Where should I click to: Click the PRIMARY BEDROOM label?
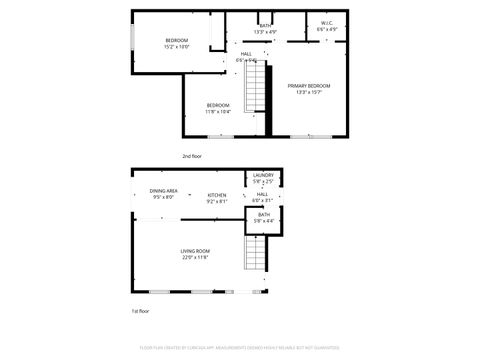pos(309,86)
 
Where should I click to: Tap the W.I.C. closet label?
pos(327,23)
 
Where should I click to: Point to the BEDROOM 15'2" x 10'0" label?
pos(176,40)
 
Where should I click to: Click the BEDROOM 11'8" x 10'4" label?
pos(218,105)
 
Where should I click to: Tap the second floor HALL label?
pos(246,54)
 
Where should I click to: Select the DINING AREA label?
pos(164,190)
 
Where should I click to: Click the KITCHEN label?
pos(217,195)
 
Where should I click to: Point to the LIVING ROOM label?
pos(194,251)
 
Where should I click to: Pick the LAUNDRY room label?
pos(263,175)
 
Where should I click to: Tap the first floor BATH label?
pos(263,215)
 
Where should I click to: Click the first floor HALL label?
pos(262,194)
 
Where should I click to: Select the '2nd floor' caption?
pos(192,156)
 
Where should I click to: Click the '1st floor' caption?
pos(141,312)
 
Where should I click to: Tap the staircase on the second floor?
pos(259,85)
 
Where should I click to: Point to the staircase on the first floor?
pos(256,258)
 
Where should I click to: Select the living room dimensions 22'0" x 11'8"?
pos(194,258)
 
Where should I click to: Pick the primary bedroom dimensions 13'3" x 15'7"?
pos(309,93)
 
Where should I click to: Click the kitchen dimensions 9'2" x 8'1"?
pos(217,202)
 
